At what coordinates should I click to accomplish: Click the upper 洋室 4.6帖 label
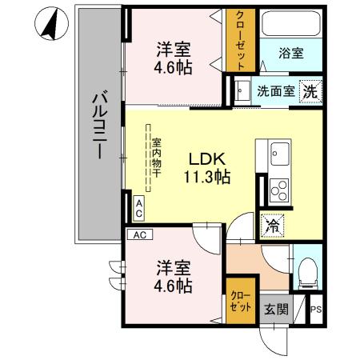(x=173, y=58)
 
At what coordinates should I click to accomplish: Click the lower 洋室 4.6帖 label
(x=174, y=275)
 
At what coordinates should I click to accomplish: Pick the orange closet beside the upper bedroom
(x=240, y=40)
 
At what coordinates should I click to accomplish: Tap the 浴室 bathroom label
(x=290, y=54)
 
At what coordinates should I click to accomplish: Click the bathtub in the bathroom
(x=290, y=29)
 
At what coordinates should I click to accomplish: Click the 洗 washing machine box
(x=309, y=91)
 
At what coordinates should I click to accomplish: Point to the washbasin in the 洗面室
(x=241, y=91)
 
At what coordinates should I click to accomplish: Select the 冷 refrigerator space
(x=272, y=226)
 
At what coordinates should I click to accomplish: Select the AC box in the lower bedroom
(x=139, y=235)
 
